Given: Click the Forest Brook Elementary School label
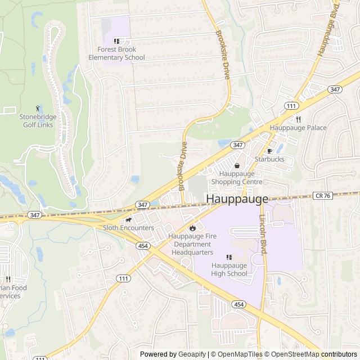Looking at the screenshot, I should pyautogui.click(x=116, y=53).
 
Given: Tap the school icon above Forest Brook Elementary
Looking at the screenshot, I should pyautogui.click(x=116, y=41).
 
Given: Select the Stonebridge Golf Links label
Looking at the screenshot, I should pyautogui.click(x=38, y=120).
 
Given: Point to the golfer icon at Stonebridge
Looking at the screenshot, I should pyautogui.click(x=38, y=108).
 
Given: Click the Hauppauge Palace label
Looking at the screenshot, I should pyautogui.click(x=298, y=128).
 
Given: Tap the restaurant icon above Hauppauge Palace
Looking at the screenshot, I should pyautogui.click(x=298, y=119).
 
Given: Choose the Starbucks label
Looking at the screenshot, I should pyautogui.click(x=269, y=159).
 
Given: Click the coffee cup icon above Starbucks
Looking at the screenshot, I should pyautogui.click(x=269, y=151).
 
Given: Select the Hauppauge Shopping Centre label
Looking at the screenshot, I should pyautogui.click(x=237, y=178).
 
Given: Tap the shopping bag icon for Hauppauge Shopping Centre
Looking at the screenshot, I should pyautogui.click(x=237, y=166).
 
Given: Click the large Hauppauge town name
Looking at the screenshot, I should pyautogui.click(x=237, y=199).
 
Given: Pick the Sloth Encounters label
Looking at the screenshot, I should pyautogui.click(x=128, y=228).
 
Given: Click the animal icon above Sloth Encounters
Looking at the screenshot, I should pyautogui.click(x=128, y=219).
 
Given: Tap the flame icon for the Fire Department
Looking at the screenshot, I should pyautogui.click(x=192, y=228).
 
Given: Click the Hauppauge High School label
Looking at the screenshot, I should pyautogui.click(x=229, y=269).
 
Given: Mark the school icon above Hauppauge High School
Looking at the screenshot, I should pyautogui.click(x=229, y=257).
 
